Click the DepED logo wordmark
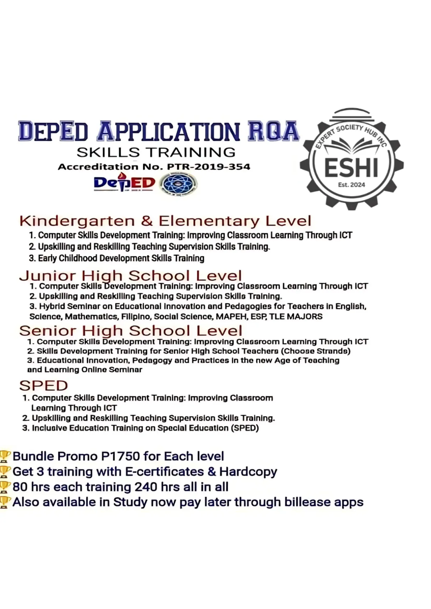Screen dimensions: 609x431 (x=124, y=183)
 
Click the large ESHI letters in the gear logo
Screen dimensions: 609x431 (x=351, y=168)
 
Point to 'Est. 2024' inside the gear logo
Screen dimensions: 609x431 (x=351, y=185)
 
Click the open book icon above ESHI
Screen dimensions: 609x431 (x=351, y=146)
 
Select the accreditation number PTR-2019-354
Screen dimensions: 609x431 (x=209, y=167)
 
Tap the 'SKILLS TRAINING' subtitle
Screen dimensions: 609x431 (x=156, y=152)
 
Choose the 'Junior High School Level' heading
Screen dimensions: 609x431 (x=130, y=276)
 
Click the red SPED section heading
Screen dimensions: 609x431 (x=43, y=385)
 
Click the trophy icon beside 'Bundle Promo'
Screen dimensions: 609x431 (x=5, y=456)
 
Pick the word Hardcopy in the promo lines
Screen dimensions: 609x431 (x=248, y=472)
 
